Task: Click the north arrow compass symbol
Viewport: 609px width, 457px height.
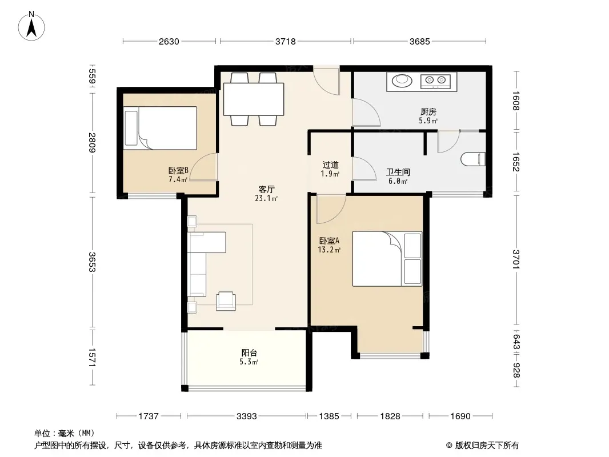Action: pos(31,26)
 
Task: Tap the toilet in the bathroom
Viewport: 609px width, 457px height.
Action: pos(473,159)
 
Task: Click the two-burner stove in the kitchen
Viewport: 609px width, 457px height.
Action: pos(435,81)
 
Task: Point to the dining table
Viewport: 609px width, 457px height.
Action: pos(254,99)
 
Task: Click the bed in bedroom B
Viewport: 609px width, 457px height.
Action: pos(161,128)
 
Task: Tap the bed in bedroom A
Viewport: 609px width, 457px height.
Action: pos(387,259)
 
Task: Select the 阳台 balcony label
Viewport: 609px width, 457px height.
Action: pos(249,353)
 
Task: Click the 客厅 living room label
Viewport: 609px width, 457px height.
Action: pos(266,190)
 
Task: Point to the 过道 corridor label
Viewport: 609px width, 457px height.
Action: pos(330,165)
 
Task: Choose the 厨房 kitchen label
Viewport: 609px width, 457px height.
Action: pos(428,112)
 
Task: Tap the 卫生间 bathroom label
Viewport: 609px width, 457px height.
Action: pos(398,172)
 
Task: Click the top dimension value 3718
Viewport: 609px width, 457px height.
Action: pos(286,42)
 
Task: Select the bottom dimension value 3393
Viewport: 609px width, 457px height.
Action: pos(247,416)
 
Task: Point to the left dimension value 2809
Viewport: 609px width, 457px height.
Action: pos(91,142)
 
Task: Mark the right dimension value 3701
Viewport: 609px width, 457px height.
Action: pos(516,259)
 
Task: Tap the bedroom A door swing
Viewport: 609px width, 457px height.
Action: pos(331,209)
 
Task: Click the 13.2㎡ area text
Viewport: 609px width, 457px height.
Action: pos(330,250)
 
